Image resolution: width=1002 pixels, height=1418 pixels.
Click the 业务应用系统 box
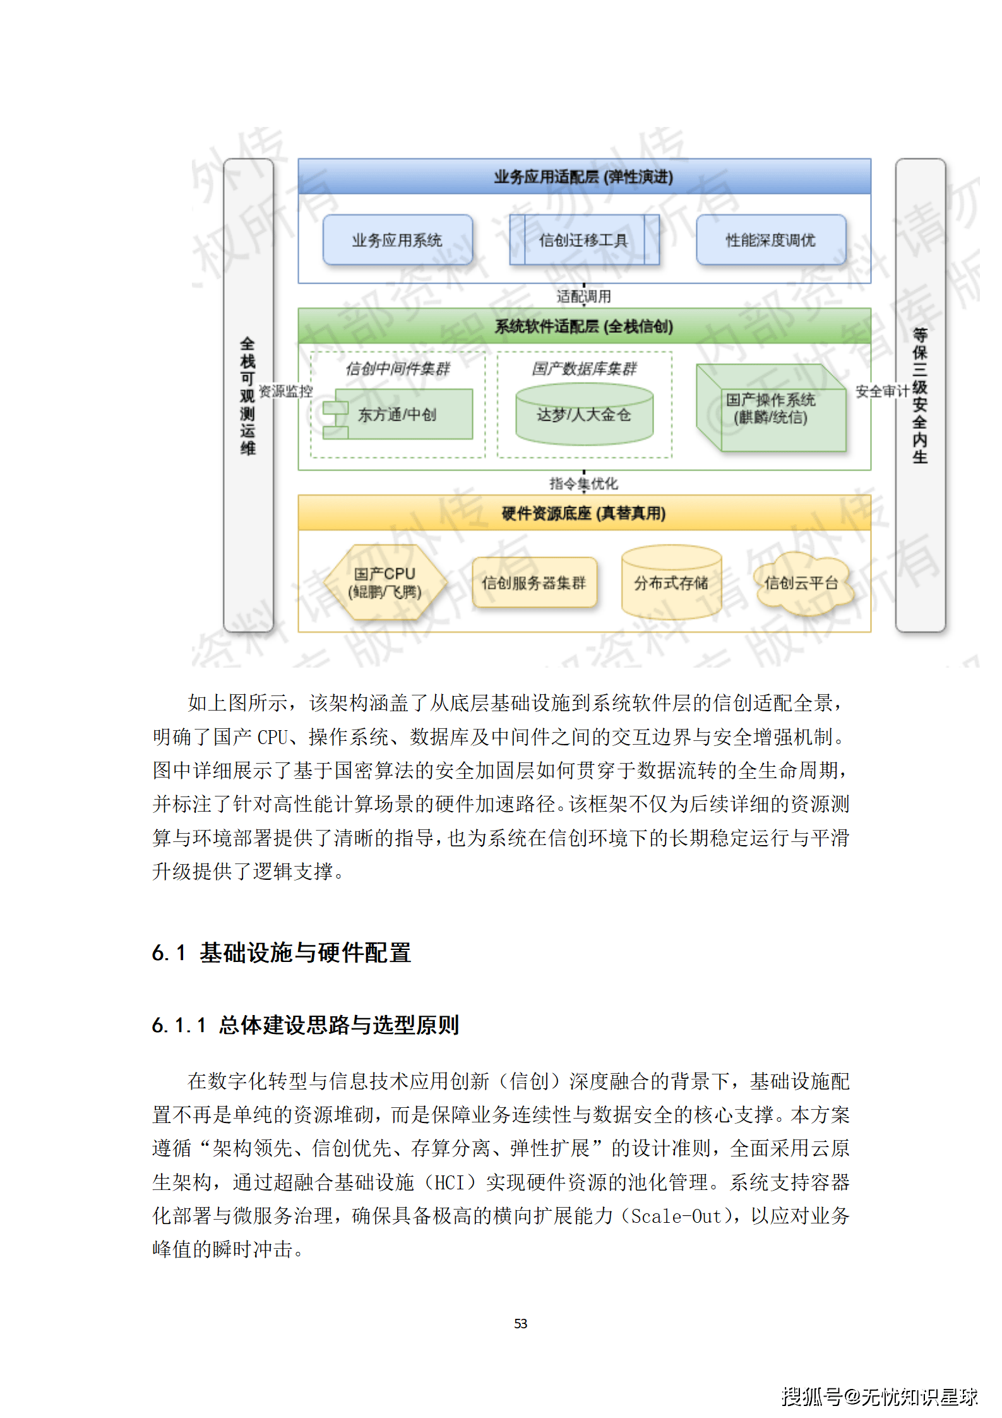click(397, 240)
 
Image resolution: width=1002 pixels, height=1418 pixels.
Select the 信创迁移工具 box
click(583, 240)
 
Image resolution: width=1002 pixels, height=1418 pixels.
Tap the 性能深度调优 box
click(770, 240)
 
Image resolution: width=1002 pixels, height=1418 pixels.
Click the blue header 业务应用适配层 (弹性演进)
click(583, 177)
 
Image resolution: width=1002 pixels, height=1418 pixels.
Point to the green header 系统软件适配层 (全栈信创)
click(583, 327)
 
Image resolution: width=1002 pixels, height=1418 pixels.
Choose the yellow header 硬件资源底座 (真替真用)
click(583, 513)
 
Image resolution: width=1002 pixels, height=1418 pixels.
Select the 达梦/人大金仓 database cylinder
click(584, 414)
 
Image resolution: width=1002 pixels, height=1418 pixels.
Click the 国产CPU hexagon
click(385, 582)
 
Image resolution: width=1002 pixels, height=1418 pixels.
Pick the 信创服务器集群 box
click(534, 582)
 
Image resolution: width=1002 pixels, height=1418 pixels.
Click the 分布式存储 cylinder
click(671, 582)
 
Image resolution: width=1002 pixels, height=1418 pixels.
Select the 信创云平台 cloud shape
click(801, 582)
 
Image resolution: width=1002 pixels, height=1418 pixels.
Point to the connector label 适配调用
click(583, 296)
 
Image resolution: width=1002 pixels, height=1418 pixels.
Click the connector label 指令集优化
click(583, 483)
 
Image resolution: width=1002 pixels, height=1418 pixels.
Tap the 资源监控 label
click(286, 391)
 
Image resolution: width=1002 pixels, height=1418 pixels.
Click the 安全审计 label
click(882, 392)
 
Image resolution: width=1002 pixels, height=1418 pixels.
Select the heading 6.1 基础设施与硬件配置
click(282, 952)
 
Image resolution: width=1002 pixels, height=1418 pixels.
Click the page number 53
click(520, 1323)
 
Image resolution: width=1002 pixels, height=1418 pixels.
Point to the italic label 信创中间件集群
click(398, 368)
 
